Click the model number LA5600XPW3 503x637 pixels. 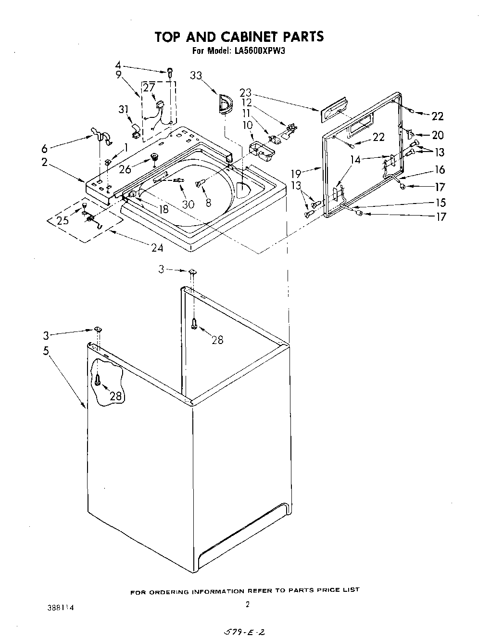pyautogui.click(x=260, y=51)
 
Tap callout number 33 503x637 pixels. pyautogui.click(x=196, y=76)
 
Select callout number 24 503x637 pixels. pyautogui.click(x=157, y=248)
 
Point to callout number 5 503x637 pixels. pyautogui.click(x=46, y=350)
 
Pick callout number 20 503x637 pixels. pyautogui.click(x=438, y=135)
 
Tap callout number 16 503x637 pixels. pyautogui.click(x=439, y=169)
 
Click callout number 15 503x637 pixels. pyautogui.click(x=440, y=202)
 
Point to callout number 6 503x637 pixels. pyautogui.click(x=44, y=149)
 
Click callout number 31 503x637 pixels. pyautogui.click(x=124, y=109)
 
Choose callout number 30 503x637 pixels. pyautogui.click(x=188, y=204)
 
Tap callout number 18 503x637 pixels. pyautogui.click(x=164, y=209)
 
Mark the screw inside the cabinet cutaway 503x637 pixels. pyautogui.click(x=98, y=380)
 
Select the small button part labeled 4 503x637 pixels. pyautogui.click(x=170, y=72)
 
